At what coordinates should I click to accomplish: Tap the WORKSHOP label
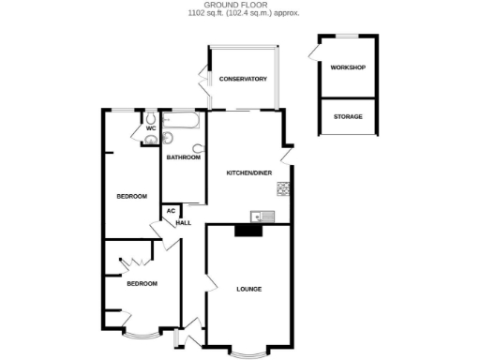click(x=347, y=68)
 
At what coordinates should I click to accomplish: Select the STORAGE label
click(x=347, y=116)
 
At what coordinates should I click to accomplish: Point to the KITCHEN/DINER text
click(x=249, y=174)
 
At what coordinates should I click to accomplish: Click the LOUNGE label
click(x=248, y=288)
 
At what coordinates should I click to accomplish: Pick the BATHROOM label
click(x=183, y=157)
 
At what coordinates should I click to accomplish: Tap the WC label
click(x=150, y=128)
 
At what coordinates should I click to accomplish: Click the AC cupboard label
click(x=171, y=211)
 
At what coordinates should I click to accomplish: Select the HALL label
click(x=184, y=222)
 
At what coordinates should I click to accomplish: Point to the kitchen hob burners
click(x=282, y=190)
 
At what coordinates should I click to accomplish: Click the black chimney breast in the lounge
click(x=247, y=231)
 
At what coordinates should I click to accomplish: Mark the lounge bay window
click(x=248, y=352)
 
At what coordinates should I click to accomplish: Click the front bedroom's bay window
click(x=142, y=333)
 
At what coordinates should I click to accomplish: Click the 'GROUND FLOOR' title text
click(x=239, y=5)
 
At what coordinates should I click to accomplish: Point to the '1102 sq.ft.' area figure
click(x=207, y=14)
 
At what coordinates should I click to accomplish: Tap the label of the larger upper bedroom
click(x=131, y=196)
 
